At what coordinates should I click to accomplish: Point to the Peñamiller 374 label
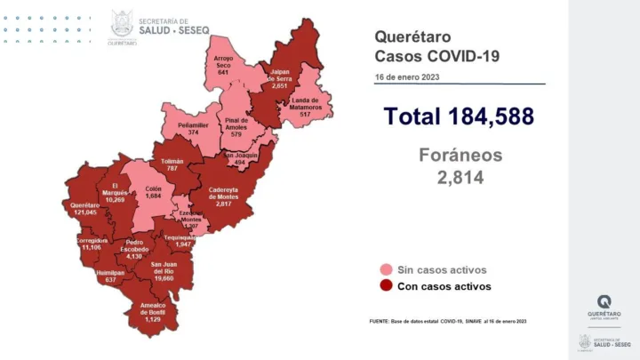pos(187,128)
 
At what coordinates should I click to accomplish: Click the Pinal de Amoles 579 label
pos(236,126)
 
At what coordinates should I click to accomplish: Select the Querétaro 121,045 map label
pos(85,210)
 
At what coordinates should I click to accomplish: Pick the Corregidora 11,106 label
pos(93,244)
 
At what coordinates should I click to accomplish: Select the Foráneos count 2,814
pos(460,178)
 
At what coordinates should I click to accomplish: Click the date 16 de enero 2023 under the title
pos(406,77)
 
